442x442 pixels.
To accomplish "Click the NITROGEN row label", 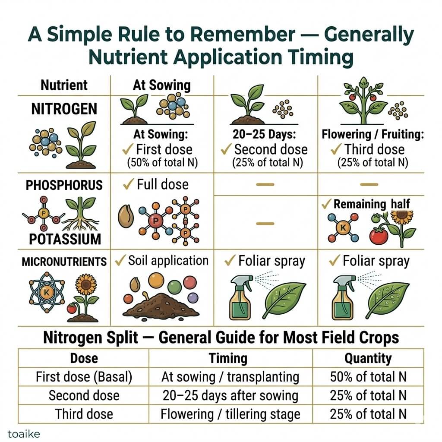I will click(x=64, y=108).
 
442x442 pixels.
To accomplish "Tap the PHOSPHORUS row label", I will click(x=64, y=185).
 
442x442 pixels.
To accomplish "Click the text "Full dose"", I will click(x=162, y=185).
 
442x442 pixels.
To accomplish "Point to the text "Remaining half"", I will click(x=372, y=204).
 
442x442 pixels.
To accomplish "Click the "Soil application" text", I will click(x=168, y=261).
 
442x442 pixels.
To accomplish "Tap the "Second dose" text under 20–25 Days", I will click(x=271, y=149).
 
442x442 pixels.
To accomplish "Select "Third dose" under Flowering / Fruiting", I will click(x=374, y=149).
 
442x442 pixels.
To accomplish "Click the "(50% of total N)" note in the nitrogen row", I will click(x=162, y=163).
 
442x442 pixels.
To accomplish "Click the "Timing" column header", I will click(x=228, y=358).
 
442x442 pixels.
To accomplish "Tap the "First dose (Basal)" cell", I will click(x=84, y=377).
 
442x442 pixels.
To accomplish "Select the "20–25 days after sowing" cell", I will click(x=230, y=395).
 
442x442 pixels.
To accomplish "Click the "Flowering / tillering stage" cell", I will click(x=230, y=414).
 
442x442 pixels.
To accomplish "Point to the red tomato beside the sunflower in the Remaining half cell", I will click(x=379, y=235).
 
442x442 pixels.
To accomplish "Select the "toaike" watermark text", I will click(x=21, y=432).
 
